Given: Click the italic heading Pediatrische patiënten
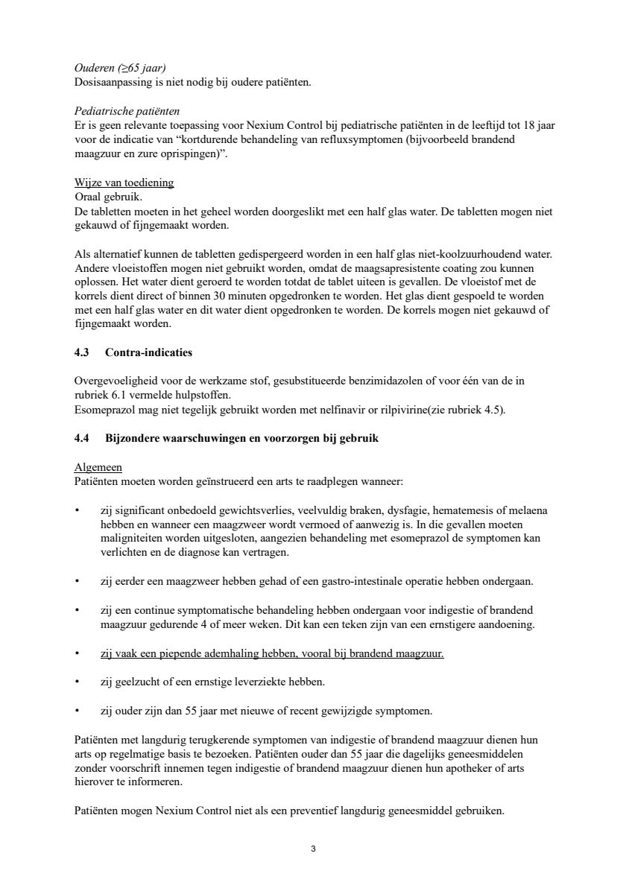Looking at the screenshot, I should [x=123, y=111].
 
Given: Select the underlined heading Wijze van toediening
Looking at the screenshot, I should [x=124, y=183].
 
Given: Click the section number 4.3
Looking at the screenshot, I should [x=83, y=352].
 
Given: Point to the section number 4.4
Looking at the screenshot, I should [x=83, y=439].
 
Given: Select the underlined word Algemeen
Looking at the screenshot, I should [x=98, y=468].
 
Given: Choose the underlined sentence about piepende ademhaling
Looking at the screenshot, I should [x=272, y=654].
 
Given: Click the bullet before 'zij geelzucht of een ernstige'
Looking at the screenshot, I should [x=78, y=682].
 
